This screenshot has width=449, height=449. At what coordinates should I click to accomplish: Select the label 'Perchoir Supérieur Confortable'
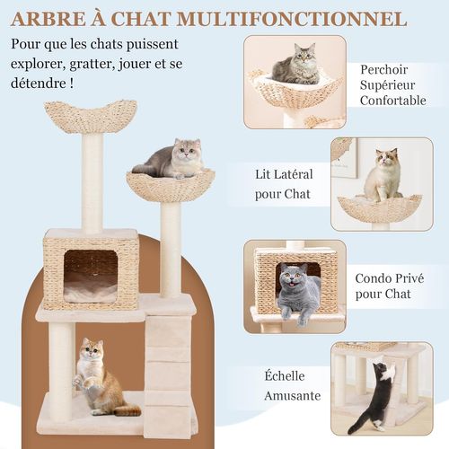tap(393, 84)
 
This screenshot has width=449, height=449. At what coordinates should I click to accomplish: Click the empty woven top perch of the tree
tap(91, 117)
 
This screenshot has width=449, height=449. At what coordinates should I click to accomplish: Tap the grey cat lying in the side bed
tap(171, 160)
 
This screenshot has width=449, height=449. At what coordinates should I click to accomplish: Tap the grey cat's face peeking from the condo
tap(295, 280)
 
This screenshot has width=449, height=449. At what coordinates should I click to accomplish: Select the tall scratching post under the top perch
tap(92, 183)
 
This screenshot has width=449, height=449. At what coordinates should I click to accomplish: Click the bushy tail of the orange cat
tap(127, 409)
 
